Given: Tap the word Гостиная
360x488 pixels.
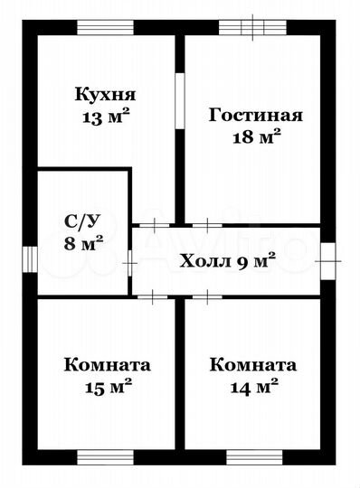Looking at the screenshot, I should (256, 116).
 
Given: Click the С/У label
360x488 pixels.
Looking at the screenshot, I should (81, 219).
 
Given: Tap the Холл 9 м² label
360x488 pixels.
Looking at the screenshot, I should (227, 262).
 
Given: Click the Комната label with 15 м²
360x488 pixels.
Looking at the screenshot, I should (108, 365).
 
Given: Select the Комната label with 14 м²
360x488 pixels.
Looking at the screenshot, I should (253, 365).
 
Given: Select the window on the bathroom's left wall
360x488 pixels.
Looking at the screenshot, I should (29, 258).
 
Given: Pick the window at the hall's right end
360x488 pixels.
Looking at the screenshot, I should (327, 258).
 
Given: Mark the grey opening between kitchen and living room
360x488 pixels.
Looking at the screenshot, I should (179, 99).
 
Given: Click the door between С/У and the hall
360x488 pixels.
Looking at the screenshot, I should (131, 262).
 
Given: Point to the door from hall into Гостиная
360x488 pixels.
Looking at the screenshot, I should (208, 223).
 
